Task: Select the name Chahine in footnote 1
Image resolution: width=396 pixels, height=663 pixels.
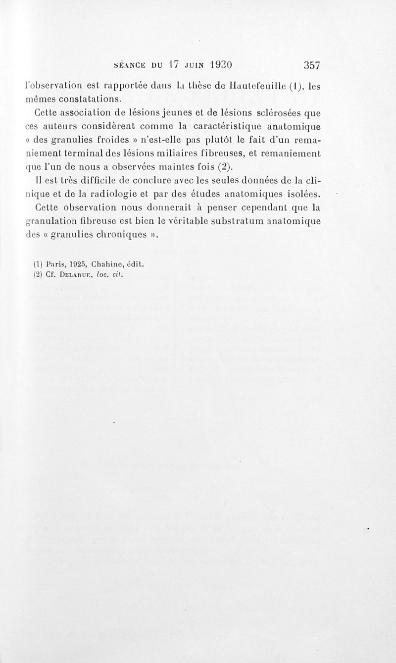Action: [x=107, y=264]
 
